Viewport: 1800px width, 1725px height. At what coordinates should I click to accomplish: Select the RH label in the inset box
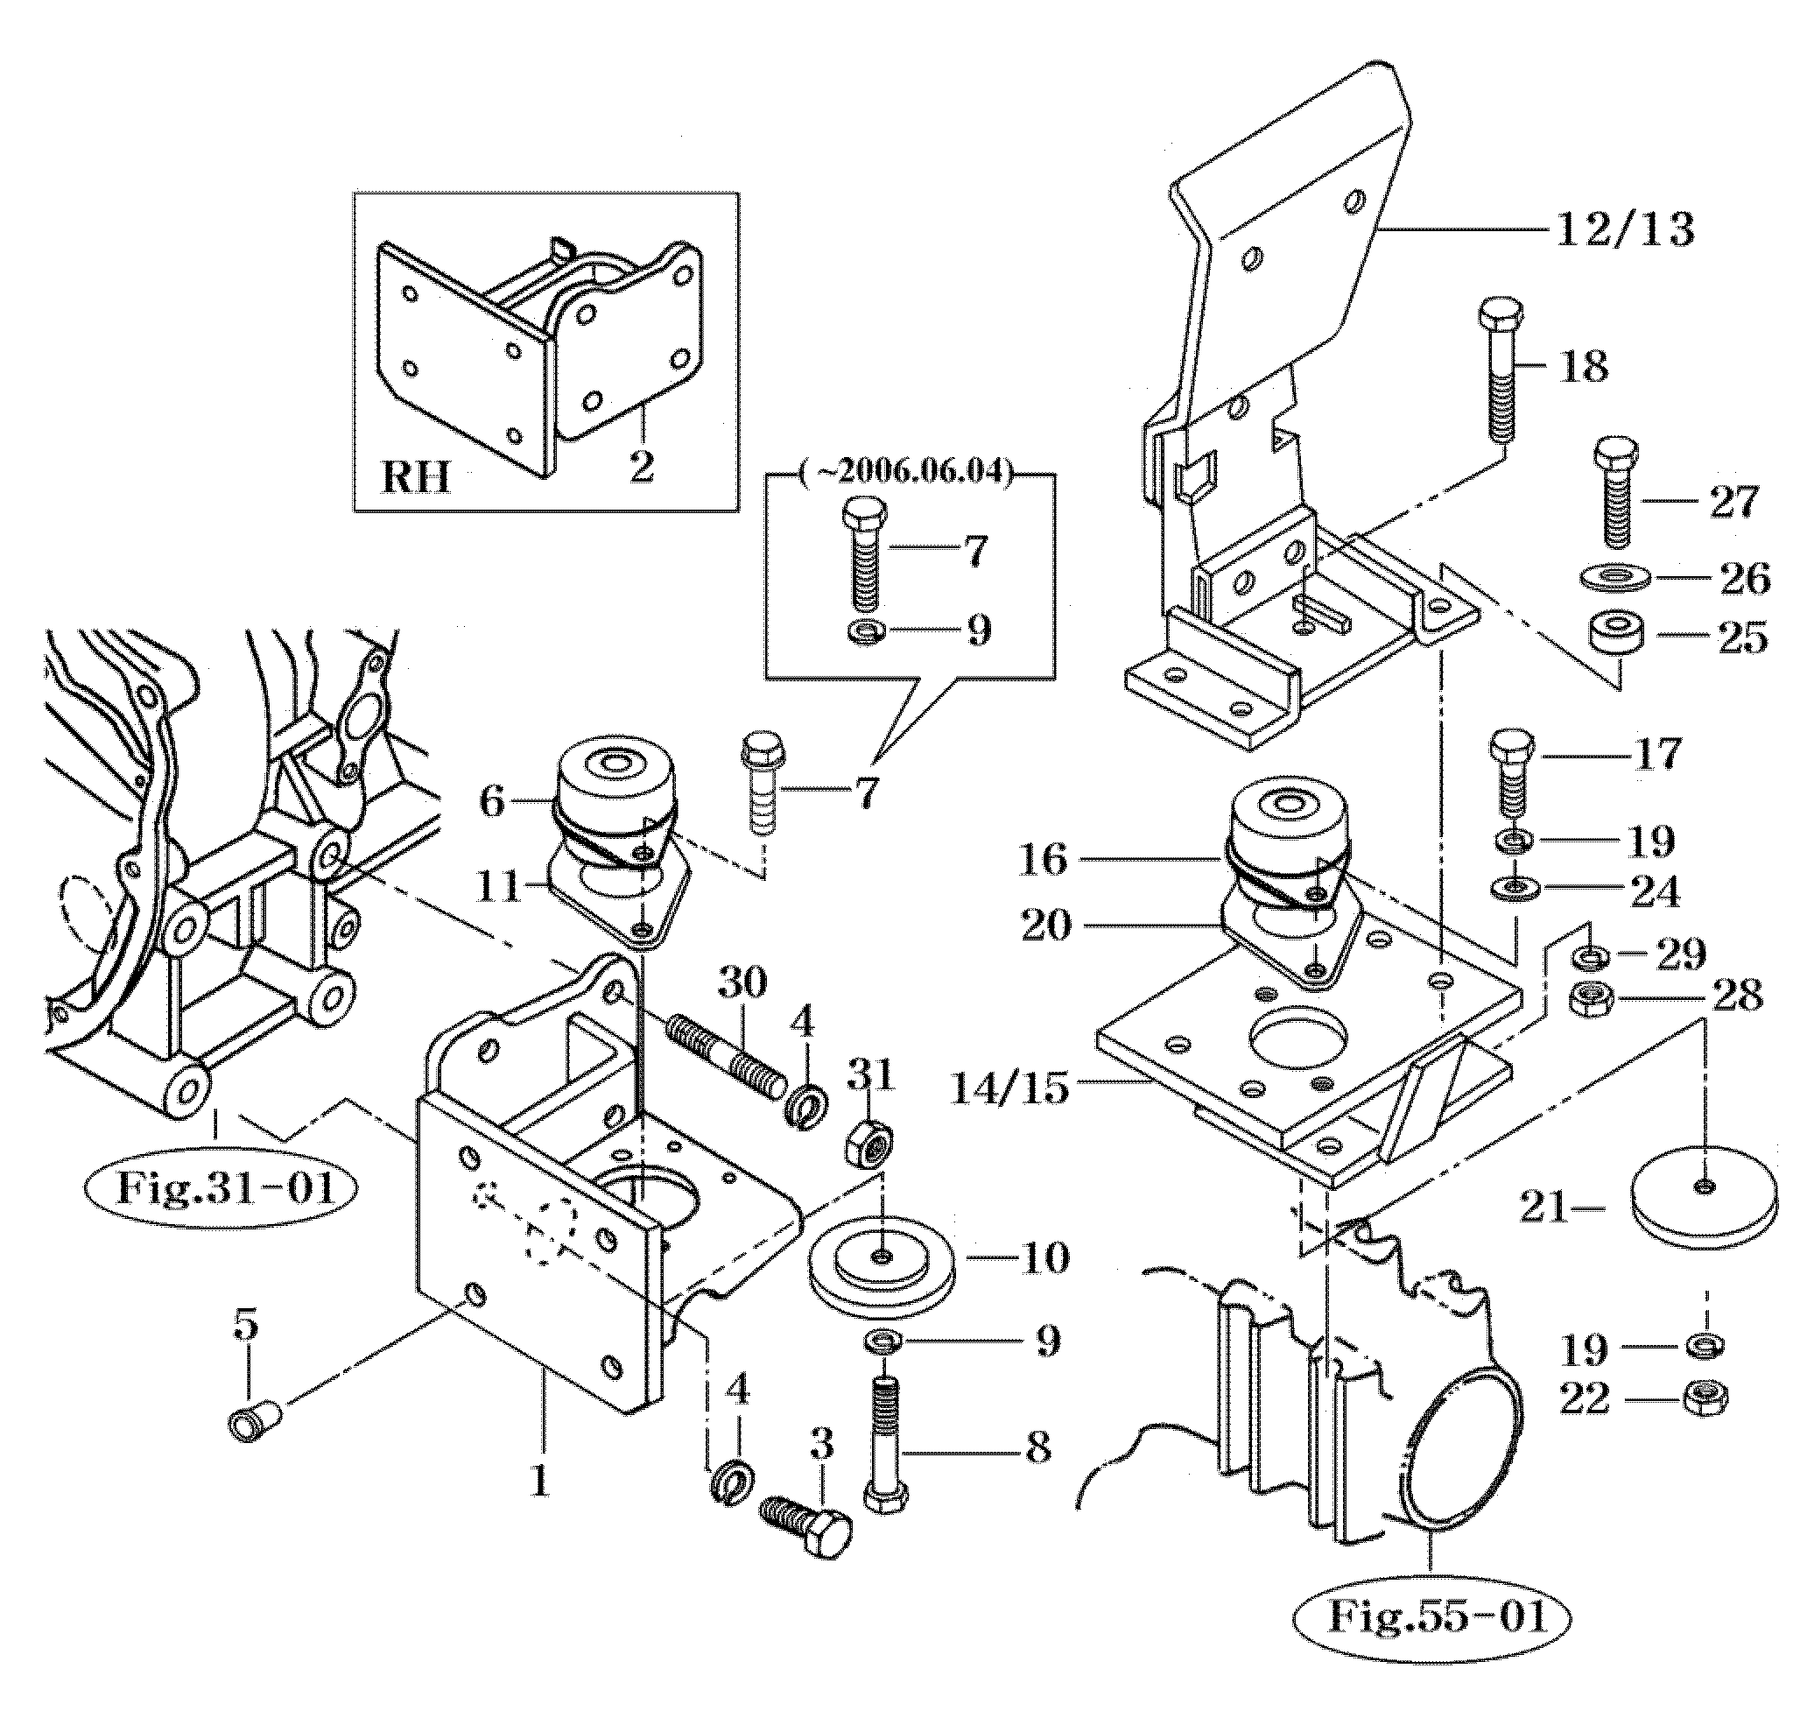tap(415, 476)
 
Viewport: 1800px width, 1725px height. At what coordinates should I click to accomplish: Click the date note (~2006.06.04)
tap(907, 472)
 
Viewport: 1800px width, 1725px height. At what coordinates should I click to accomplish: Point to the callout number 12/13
tap(1625, 229)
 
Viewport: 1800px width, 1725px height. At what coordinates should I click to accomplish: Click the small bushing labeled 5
tap(248, 1423)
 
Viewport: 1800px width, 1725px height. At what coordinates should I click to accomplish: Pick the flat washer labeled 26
tap(1614, 579)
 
